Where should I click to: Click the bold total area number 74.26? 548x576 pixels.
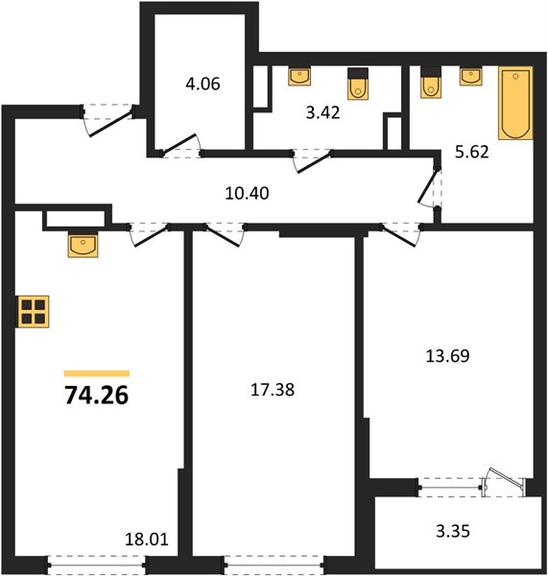pyautogui.click(x=97, y=396)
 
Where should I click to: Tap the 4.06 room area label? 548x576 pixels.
pyautogui.click(x=203, y=84)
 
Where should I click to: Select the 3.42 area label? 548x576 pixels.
pyautogui.click(x=322, y=112)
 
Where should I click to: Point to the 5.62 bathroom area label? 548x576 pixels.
pyautogui.click(x=472, y=152)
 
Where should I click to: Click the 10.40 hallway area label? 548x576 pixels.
pyautogui.click(x=247, y=193)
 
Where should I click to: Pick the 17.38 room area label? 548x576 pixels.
pyautogui.click(x=273, y=390)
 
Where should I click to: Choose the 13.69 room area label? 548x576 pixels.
pyautogui.click(x=447, y=356)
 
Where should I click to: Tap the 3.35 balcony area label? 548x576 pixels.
pyautogui.click(x=453, y=531)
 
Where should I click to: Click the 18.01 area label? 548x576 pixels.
pyautogui.click(x=147, y=540)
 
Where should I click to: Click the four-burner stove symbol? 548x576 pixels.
pyautogui.click(x=33, y=311)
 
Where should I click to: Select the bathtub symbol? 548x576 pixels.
pyautogui.click(x=515, y=104)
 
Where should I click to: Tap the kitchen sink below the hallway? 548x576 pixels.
pyautogui.click(x=83, y=245)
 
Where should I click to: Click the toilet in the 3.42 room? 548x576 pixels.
pyautogui.click(x=358, y=84)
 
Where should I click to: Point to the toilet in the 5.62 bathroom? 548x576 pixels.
pyautogui.click(x=431, y=83)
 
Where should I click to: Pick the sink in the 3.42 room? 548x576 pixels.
pyautogui.click(x=299, y=76)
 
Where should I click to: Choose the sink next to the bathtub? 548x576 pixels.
pyautogui.click(x=471, y=76)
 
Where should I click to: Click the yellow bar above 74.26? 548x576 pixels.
pyautogui.click(x=97, y=373)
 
